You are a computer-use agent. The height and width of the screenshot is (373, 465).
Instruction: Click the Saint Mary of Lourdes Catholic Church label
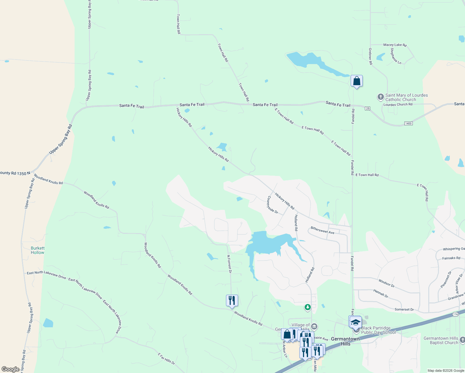406,97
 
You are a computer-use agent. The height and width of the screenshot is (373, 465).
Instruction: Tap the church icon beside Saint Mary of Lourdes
380,97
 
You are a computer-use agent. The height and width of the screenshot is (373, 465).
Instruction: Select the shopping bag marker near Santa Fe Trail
357,81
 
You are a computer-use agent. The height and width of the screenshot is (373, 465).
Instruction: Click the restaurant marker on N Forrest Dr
232,301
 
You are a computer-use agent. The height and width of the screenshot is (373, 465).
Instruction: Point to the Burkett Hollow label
38,250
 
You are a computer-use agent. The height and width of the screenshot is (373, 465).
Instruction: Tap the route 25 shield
368,108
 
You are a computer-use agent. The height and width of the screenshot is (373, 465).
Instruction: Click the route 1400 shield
408,123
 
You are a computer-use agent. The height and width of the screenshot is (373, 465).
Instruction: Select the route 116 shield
455,315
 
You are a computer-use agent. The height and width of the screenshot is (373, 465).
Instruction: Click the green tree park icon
307,307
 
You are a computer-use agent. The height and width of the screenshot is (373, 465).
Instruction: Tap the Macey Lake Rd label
395,45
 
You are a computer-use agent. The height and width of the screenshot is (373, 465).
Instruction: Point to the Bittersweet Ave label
322,230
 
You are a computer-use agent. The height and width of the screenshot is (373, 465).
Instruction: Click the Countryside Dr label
273,205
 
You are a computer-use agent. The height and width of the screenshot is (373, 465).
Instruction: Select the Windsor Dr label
386,283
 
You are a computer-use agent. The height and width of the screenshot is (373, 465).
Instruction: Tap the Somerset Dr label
404,310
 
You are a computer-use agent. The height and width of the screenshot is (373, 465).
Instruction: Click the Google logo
11,369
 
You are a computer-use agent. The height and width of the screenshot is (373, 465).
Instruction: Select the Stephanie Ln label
396,56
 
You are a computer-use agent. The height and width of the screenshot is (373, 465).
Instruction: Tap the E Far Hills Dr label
166,359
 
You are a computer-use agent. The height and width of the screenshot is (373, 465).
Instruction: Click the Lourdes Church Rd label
398,104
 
